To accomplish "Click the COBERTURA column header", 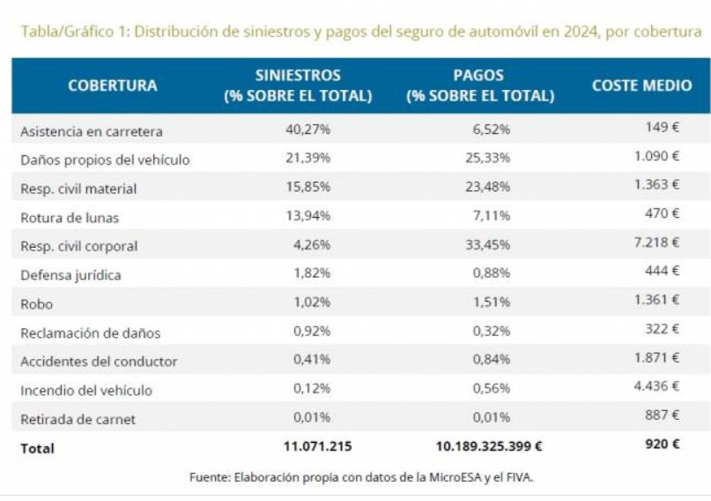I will (112, 86).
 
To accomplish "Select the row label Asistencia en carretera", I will (92, 131).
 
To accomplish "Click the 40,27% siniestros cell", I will (307, 130).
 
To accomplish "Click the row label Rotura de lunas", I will (70, 217).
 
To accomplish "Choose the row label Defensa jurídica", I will (70, 275).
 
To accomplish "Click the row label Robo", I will (37, 304).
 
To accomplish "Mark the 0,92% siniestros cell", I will (311, 333).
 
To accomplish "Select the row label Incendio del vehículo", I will (86, 390).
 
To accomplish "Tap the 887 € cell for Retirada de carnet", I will (663, 415).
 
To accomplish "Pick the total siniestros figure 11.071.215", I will (318, 446).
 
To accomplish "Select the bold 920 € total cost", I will (663, 444).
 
